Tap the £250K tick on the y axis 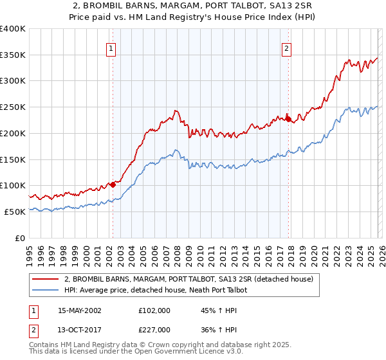tap(13, 107)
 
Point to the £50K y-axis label tap(15, 212)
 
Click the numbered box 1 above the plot tap(112, 48)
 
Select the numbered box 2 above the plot tap(286, 48)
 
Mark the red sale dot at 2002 tap(113, 184)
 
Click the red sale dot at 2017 tap(288, 119)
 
